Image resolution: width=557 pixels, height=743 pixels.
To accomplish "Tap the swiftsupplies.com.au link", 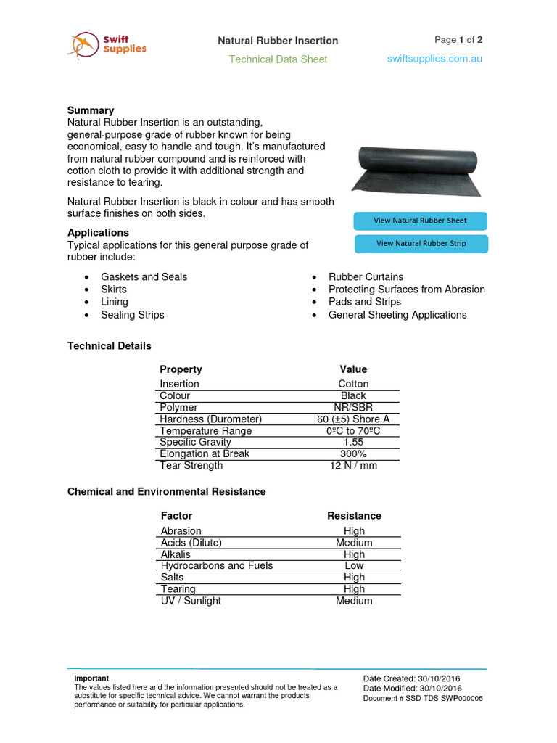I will [x=434, y=59].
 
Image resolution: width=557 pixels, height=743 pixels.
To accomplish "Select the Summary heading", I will [x=91, y=110].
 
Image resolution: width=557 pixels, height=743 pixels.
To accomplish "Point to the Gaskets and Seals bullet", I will [x=144, y=276].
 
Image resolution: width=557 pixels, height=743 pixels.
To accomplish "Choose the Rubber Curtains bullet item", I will [x=366, y=276].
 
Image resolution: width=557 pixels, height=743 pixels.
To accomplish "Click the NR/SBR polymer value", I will [x=353, y=407].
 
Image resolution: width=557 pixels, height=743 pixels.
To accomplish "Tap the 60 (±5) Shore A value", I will [x=353, y=419].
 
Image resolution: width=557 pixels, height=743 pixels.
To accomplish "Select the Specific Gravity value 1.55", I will [x=353, y=442].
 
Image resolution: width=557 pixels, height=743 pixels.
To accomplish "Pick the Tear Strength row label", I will [x=191, y=465].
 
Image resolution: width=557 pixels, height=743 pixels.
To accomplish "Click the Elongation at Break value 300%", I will [x=353, y=453].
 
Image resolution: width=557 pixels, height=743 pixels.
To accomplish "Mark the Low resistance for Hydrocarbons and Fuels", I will [x=354, y=565].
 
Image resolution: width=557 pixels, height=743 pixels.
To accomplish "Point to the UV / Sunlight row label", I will [x=191, y=601].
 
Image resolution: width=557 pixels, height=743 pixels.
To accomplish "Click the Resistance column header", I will [x=354, y=515].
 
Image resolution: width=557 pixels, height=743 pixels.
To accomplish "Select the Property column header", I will [x=181, y=369].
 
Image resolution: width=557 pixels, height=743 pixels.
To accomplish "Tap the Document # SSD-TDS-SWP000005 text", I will [x=423, y=699].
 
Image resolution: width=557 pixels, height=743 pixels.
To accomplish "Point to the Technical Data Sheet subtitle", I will [x=278, y=59].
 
